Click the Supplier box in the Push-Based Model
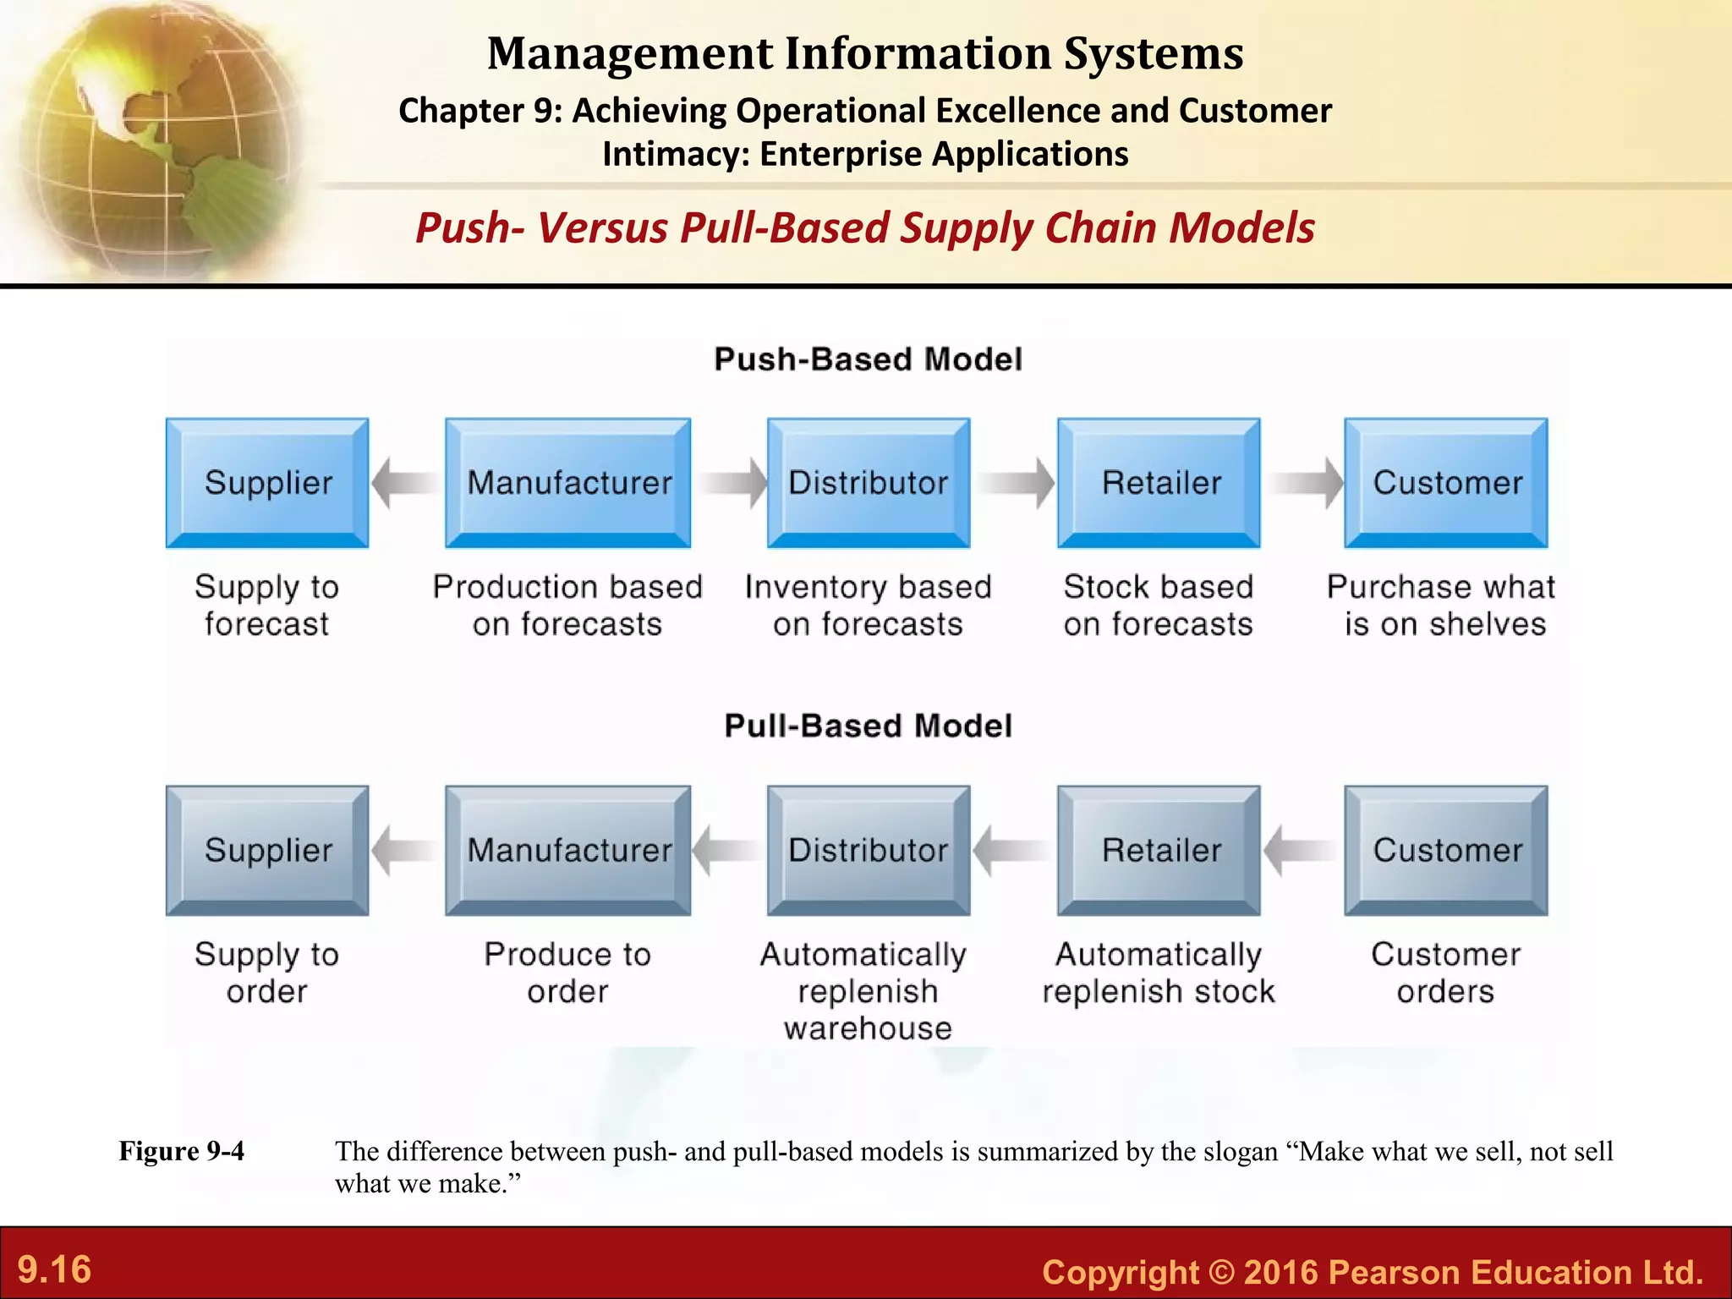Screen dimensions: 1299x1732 pos(267,482)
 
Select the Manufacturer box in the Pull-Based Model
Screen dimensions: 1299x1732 pos(568,850)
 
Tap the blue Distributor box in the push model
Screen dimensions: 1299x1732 pos(869,482)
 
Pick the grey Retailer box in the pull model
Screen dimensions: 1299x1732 pos(1159,850)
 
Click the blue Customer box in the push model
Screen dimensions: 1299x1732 pos(1446,482)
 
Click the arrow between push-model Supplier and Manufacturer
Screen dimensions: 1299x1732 pos(406,483)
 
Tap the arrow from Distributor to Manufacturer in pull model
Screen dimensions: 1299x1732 pos(728,850)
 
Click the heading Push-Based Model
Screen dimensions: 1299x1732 pos(868,359)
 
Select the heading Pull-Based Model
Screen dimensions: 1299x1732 pos(868,726)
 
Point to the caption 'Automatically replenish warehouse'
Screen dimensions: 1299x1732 pos(866,991)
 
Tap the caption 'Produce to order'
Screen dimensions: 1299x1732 pos(567,973)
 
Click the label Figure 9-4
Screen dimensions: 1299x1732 pos(181,1151)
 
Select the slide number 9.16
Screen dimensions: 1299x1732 pos(55,1269)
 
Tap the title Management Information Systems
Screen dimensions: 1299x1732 pos(865,53)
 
